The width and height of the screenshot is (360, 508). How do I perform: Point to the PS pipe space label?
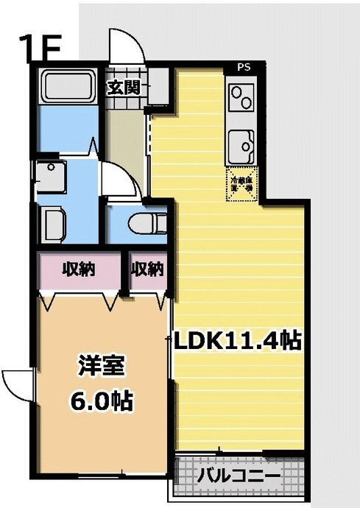244,67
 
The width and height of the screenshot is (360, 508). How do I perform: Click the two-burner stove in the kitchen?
241,99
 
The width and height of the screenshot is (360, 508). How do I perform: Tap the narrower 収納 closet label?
147,269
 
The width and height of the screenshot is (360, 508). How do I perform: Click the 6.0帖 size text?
101,401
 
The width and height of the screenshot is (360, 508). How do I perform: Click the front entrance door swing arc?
123,46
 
